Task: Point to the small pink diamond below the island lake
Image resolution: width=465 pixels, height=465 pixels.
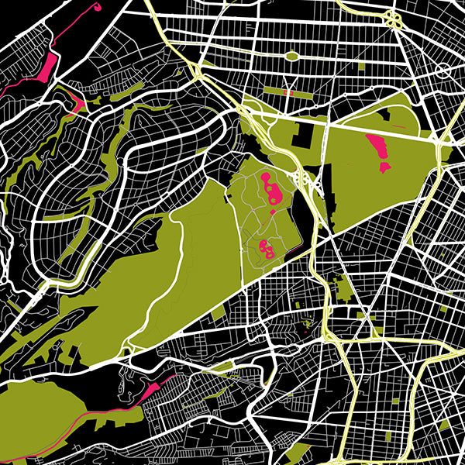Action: point(273,212)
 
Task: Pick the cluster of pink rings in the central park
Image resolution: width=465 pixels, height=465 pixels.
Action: point(266,248)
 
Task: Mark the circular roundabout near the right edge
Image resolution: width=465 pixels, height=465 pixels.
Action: point(444,71)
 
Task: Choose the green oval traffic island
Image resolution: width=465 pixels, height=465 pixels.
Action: point(292,56)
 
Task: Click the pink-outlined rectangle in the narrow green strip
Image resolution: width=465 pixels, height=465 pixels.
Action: point(288,91)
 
